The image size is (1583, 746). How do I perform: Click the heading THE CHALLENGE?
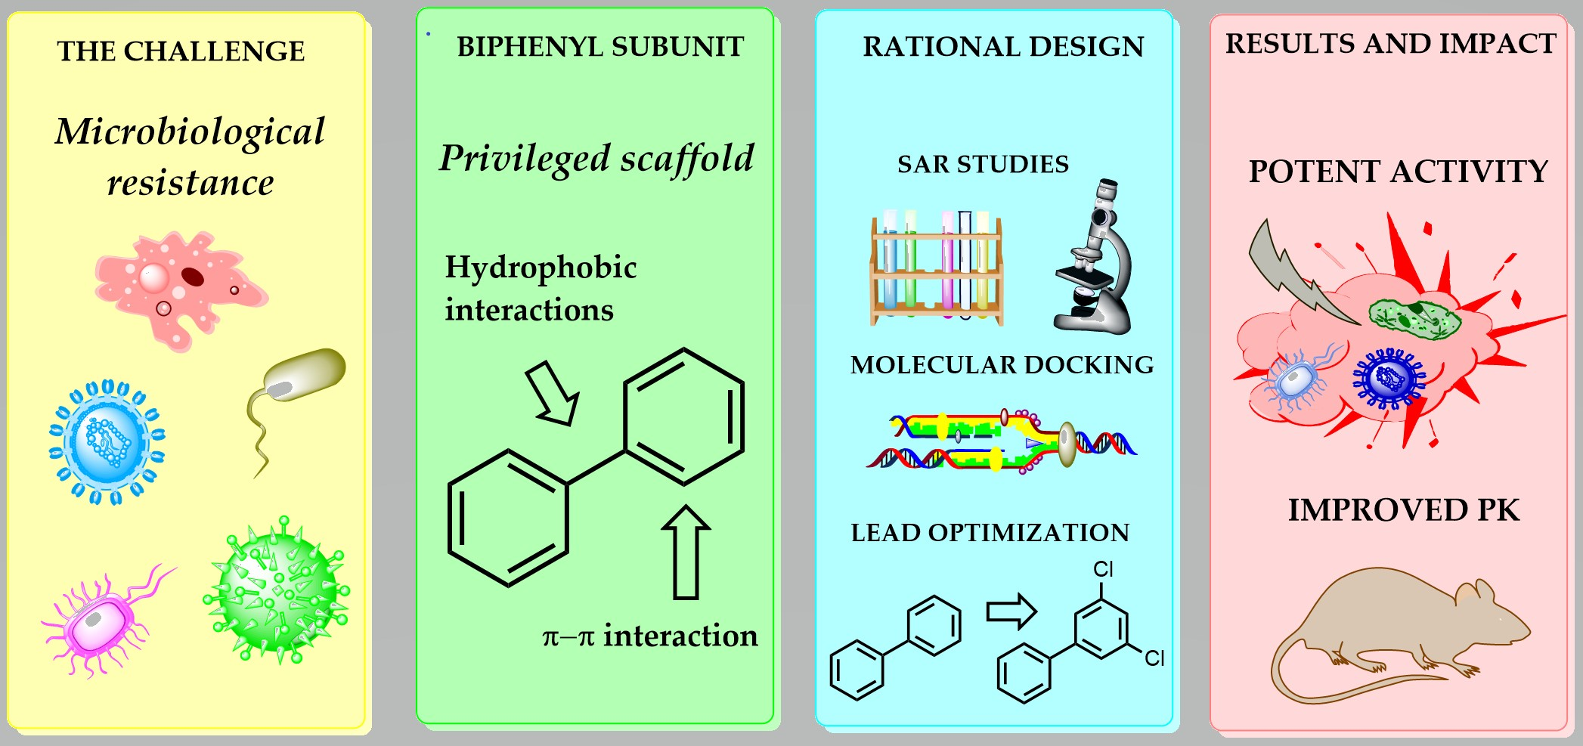click(181, 51)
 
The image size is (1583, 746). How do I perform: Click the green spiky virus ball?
click(277, 590)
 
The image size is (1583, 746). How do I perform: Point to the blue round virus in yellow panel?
click(107, 441)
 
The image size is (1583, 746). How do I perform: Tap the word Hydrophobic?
click(541, 268)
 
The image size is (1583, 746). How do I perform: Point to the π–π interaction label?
click(649, 636)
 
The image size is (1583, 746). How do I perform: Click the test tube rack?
click(937, 268)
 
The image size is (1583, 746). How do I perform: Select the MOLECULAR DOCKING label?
click(1002, 365)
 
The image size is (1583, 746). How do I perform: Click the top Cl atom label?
click(1103, 569)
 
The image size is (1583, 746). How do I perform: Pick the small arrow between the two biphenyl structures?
click(1011, 611)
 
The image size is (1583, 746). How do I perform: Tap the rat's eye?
click(1501, 619)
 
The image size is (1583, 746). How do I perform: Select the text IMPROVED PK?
click(1403, 510)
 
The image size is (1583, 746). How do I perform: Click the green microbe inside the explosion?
click(1414, 317)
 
